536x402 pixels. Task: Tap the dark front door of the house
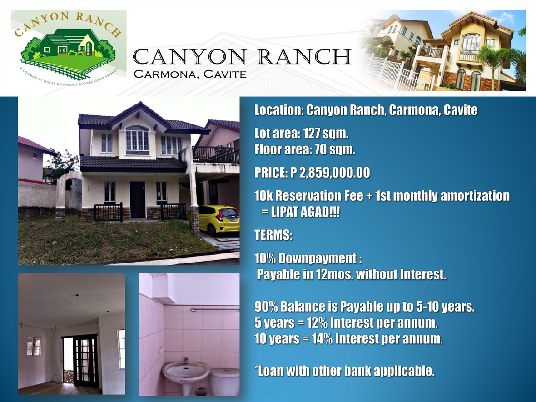[137, 199]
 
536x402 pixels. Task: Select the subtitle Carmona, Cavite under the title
[190, 74]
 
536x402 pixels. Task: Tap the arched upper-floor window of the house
[137, 139]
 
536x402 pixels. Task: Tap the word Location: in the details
[278, 110]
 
